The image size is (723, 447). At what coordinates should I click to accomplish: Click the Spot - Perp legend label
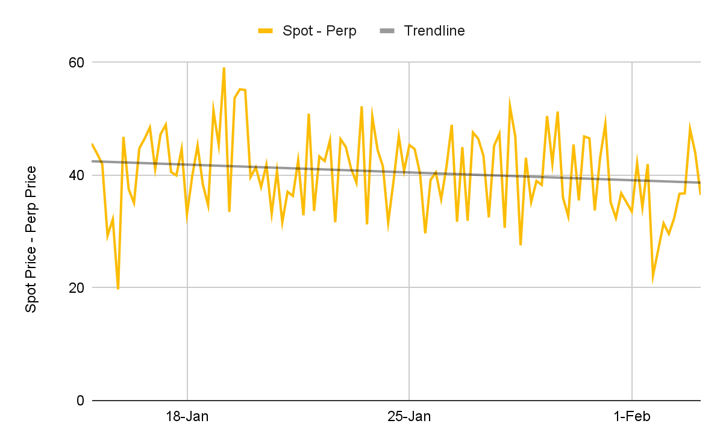tap(319, 31)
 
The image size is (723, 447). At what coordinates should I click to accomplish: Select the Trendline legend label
tap(434, 31)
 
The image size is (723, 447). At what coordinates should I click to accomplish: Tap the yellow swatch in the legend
tap(266, 31)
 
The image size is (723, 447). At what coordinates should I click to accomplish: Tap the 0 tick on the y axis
tap(80, 401)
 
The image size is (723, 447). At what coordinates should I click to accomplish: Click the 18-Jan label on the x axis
tap(187, 416)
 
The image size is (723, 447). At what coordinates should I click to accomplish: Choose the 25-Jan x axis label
tap(409, 416)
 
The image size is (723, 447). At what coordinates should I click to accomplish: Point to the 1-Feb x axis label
tap(631, 416)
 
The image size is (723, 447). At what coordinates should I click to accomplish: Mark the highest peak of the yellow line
tap(224, 67)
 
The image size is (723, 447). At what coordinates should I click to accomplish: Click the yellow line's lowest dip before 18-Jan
tap(118, 289)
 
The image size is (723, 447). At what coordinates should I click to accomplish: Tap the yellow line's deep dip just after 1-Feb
tap(653, 280)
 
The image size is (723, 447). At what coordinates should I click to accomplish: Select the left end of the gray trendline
tap(92, 161)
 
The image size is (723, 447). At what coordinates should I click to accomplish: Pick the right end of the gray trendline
tap(700, 183)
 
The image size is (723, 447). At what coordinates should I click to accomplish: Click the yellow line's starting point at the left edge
tap(92, 144)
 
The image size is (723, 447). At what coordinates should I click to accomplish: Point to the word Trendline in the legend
tap(434, 31)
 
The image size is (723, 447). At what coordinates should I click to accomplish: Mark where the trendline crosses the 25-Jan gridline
tap(409, 172)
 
